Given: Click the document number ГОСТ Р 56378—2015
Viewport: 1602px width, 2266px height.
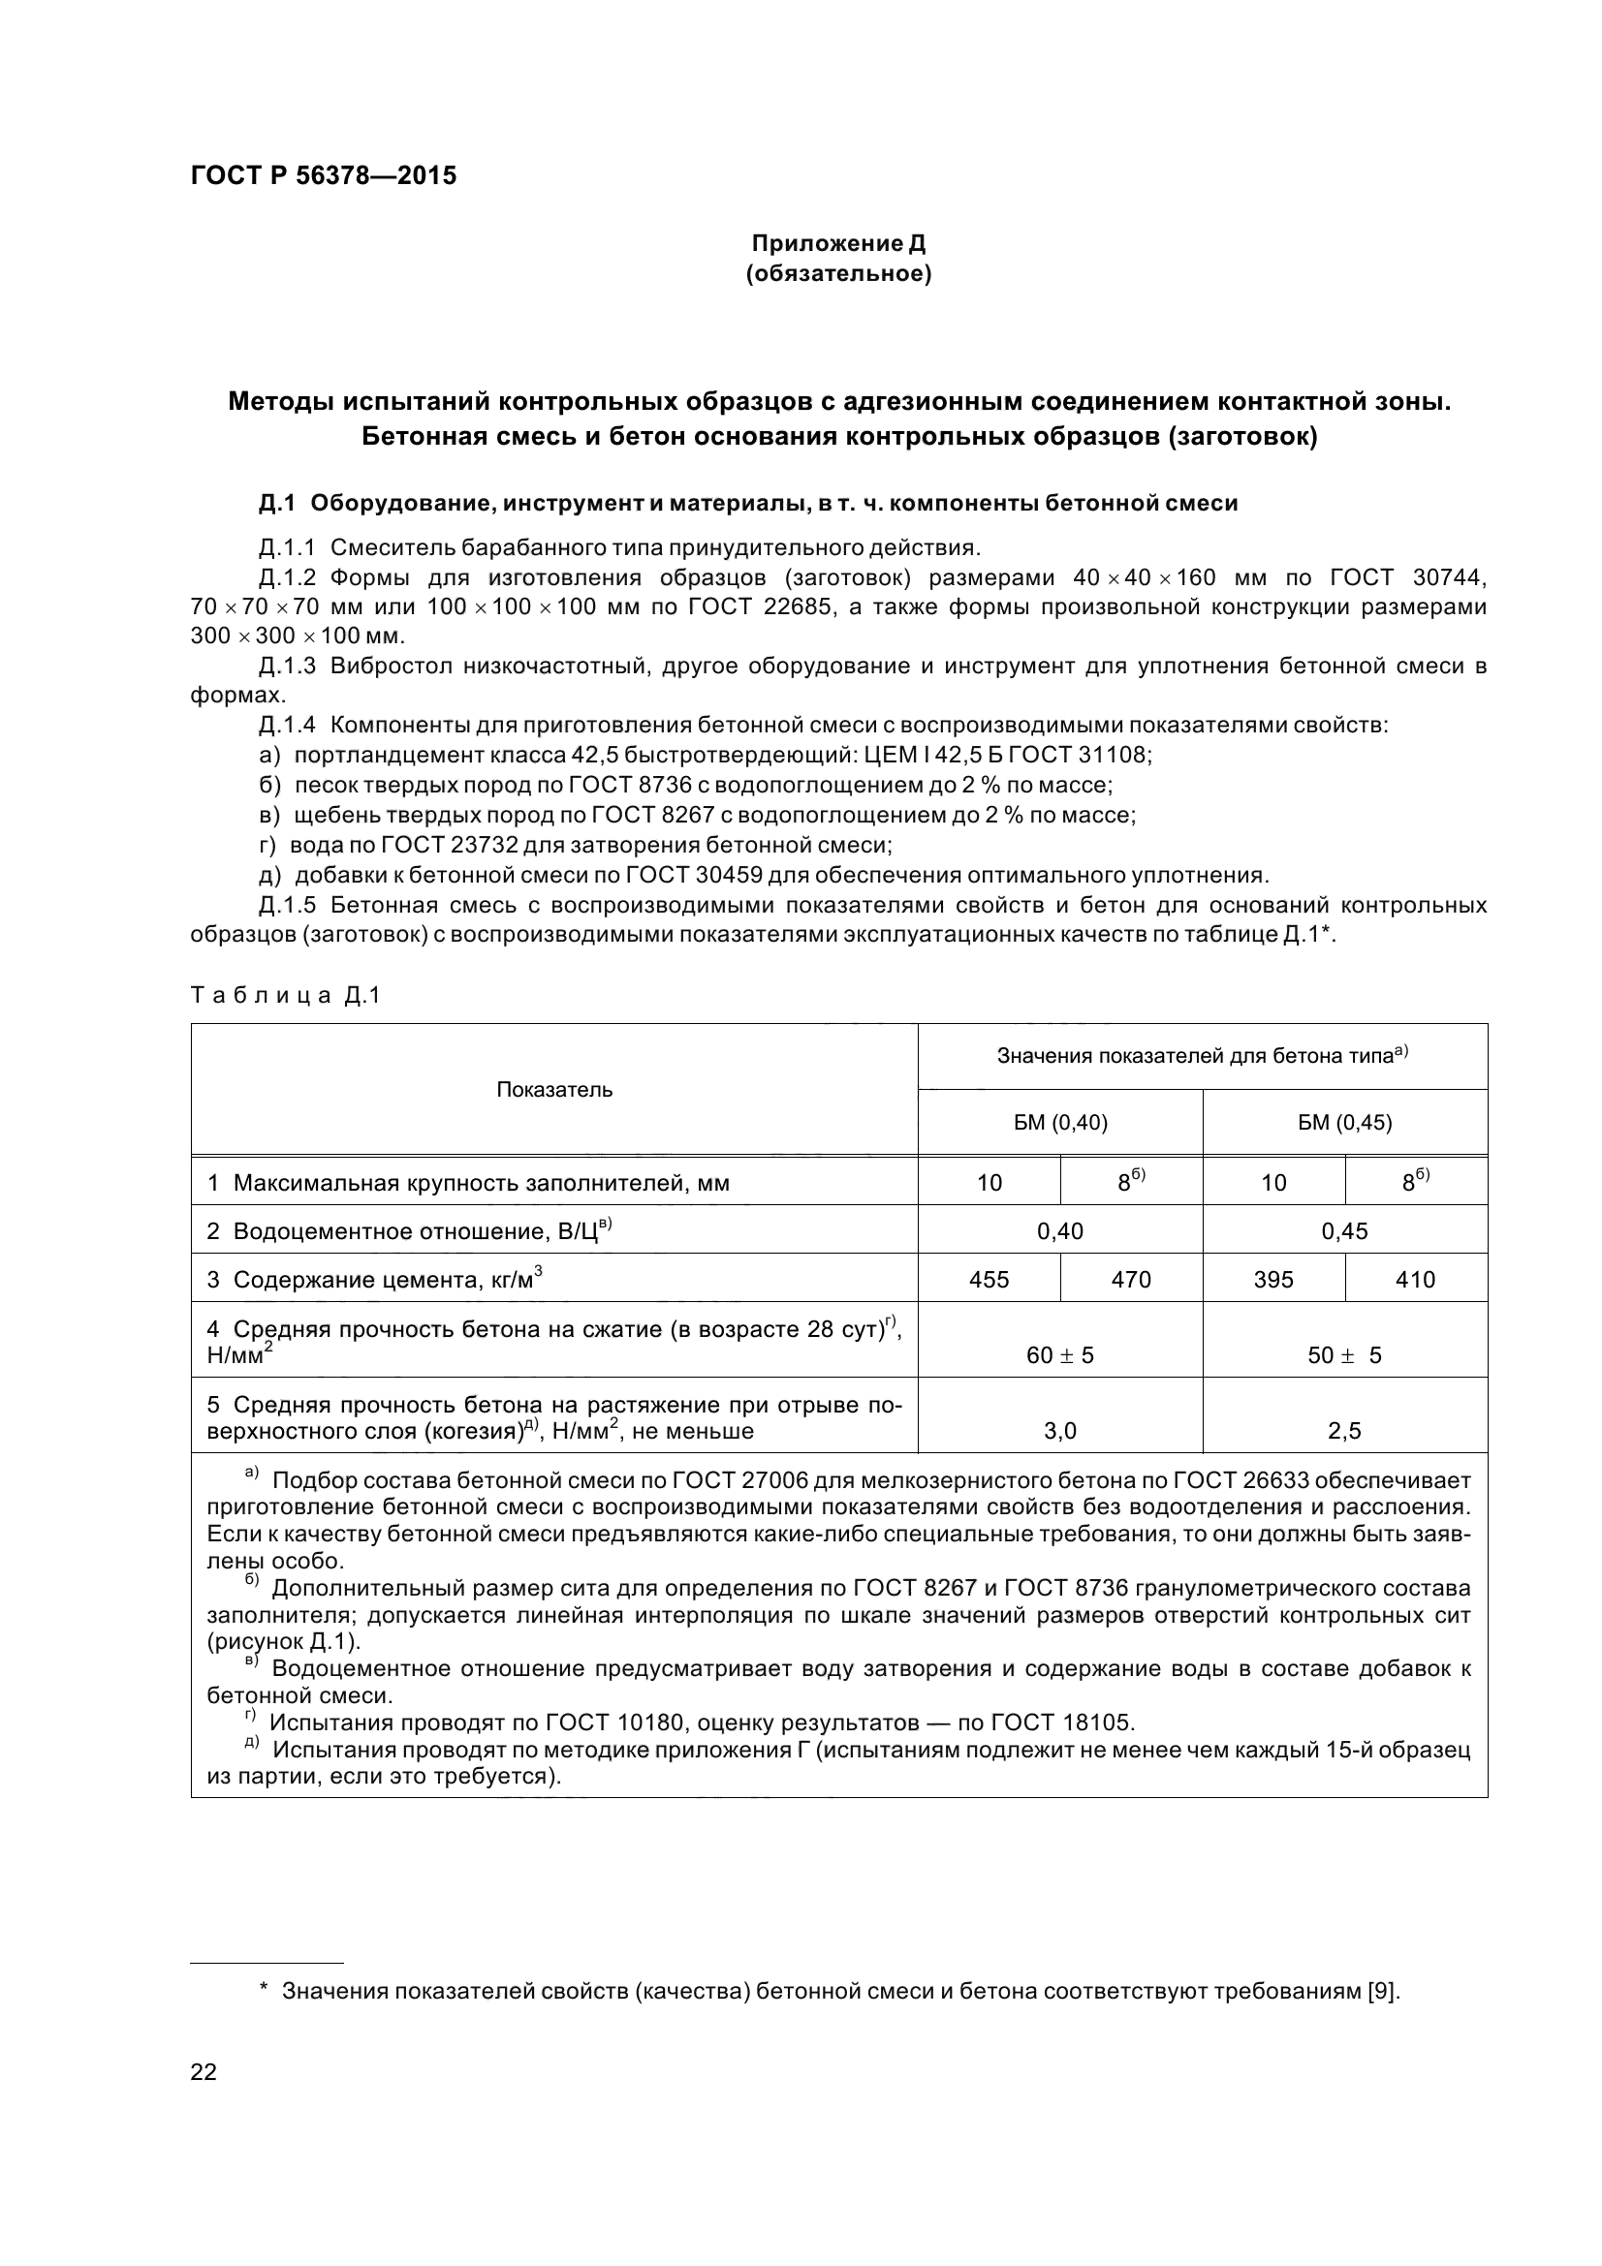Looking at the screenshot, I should pos(323,176).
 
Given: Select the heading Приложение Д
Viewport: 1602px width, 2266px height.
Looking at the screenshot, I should pos(838,243).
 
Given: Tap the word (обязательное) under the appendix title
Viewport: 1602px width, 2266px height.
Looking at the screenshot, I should pos(838,273).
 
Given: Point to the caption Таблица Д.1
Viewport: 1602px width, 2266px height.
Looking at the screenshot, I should pos(285,996).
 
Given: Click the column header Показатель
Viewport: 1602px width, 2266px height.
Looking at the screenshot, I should pos(553,1090).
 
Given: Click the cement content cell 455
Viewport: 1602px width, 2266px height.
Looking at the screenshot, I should pos(989,1279).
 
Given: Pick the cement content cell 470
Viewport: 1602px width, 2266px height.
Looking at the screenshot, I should pos(1131,1279).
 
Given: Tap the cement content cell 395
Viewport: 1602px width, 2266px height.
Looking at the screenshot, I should pos(1273,1279).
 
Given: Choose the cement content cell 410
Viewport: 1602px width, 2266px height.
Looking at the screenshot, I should pos(1416,1279).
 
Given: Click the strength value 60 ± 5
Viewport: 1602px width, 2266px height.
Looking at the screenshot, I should pos(1060,1355).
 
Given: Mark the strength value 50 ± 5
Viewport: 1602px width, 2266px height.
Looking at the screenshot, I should pos(1344,1355).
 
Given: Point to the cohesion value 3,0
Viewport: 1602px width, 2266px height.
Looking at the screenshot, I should pos(1060,1431).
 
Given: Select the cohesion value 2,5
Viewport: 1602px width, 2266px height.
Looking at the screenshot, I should pos(1344,1431).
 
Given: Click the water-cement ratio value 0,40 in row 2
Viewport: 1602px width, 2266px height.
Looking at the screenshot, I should pos(1060,1230).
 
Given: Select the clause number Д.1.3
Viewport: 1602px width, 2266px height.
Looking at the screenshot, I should pos(287,667).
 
